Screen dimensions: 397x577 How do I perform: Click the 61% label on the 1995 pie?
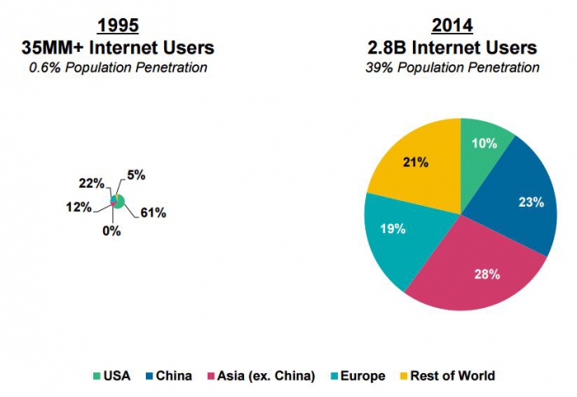153,213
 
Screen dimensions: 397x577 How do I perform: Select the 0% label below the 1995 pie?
111,231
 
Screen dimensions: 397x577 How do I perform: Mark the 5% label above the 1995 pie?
136,175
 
